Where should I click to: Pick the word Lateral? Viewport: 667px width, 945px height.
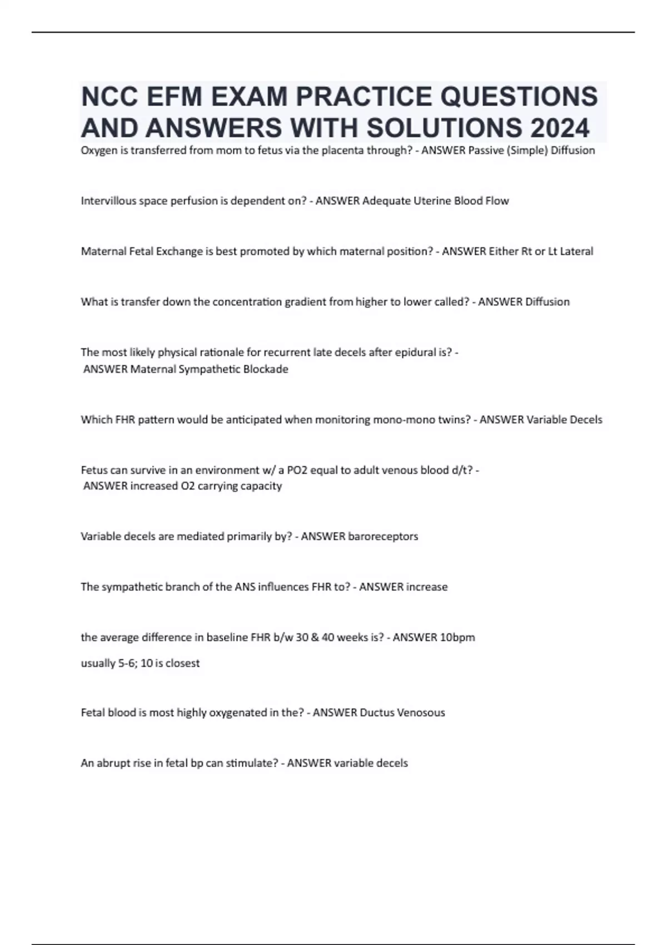576,251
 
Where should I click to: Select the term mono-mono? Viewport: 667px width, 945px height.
339,420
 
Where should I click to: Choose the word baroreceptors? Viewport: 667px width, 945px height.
383,536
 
